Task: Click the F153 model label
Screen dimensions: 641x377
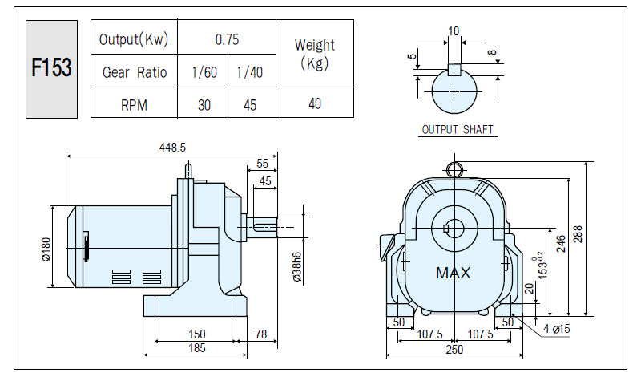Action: tap(51, 67)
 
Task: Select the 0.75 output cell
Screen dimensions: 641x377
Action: tap(227, 39)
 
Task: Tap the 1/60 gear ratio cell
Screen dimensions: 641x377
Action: tap(204, 72)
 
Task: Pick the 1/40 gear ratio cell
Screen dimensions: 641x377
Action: tap(250, 72)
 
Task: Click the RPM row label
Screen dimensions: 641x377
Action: tap(134, 105)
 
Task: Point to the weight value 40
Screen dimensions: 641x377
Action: tap(315, 103)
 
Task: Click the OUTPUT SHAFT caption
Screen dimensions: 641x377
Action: tap(458, 130)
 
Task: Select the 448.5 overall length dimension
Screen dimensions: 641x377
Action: tap(172, 148)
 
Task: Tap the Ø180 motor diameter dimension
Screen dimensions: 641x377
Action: tap(46, 249)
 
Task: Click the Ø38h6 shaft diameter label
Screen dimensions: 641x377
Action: tap(297, 266)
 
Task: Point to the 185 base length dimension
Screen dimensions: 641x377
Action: tap(196, 348)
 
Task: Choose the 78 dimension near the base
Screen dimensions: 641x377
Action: tap(261, 334)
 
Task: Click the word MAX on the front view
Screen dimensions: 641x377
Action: tap(453, 273)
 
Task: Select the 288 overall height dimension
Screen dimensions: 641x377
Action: tap(577, 234)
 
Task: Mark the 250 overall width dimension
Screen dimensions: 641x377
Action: tap(454, 350)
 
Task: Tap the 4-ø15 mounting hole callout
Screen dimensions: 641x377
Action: tap(556, 329)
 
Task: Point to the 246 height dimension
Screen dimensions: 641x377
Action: tap(561, 244)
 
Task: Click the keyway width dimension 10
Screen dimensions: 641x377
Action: tap(454, 31)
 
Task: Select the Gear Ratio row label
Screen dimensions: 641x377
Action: tap(135, 72)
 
